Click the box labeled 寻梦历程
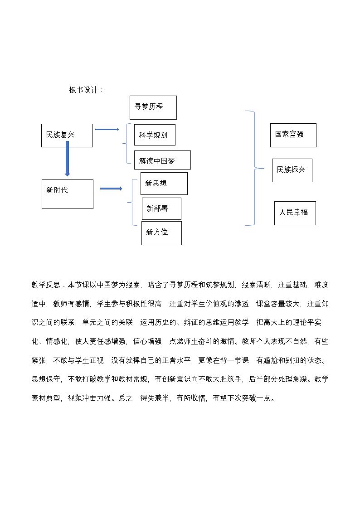click(153, 107)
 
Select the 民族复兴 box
click(67, 136)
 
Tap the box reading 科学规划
click(155, 135)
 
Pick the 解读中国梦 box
click(162, 160)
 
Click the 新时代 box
click(67, 194)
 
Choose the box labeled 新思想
click(164, 184)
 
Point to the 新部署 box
click(161, 209)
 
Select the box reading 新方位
click(161, 233)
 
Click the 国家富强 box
click(293, 135)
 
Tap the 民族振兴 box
click(292, 170)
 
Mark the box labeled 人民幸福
click(295, 213)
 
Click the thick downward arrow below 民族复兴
click(67, 159)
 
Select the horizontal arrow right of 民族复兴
click(107, 130)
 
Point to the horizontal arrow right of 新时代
click(111, 189)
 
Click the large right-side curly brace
click(254, 168)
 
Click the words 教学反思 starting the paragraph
click(46, 285)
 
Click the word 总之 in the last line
click(125, 398)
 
